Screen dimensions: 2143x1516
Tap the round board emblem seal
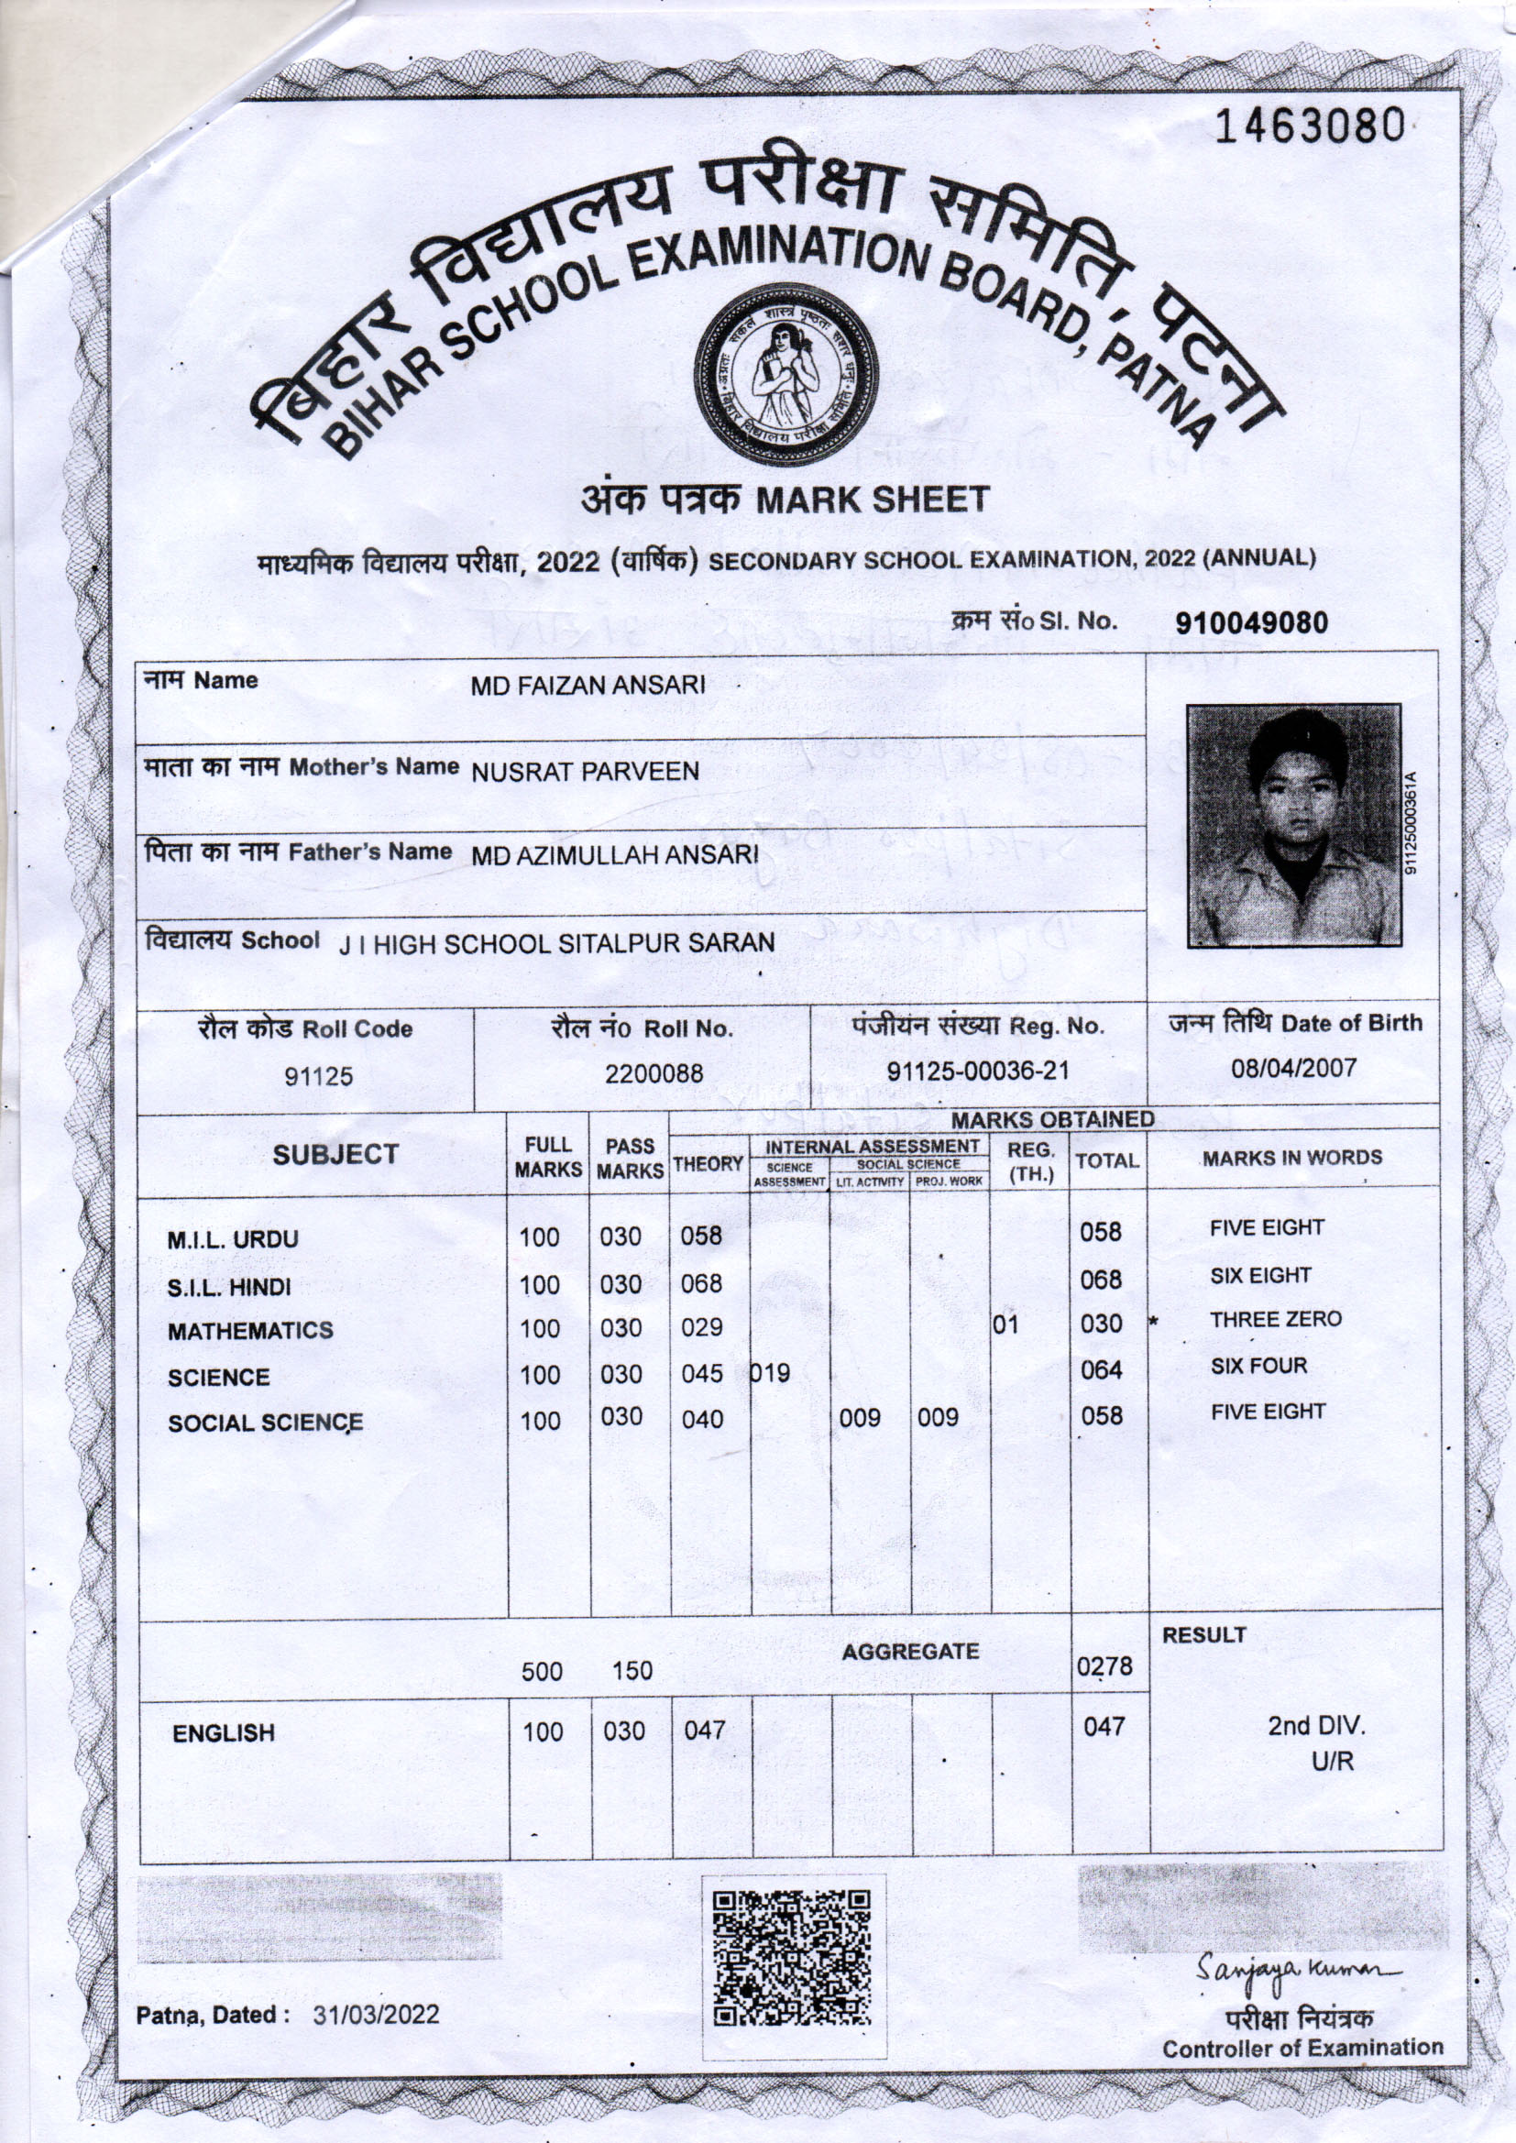(x=786, y=374)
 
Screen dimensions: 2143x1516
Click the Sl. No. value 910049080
(x=1251, y=623)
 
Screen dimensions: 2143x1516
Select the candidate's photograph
(x=1293, y=825)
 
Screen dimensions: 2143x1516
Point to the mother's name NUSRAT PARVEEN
(x=586, y=772)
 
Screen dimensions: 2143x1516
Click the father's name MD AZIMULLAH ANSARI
(x=614, y=856)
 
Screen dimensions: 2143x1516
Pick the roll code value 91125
(x=319, y=1076)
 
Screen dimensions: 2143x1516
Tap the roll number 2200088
(x=654, y=1073)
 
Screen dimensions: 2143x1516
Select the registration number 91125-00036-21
(x=977, y=1071)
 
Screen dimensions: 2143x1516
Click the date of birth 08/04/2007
(x=1293, y=1068)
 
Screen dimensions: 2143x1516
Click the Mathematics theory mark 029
(x=701, y=1327)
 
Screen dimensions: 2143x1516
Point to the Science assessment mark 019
(x=770, y=1373)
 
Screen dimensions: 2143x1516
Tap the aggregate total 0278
(x=1104, y=1666)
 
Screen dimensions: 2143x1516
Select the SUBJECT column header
(x=335, y=1155)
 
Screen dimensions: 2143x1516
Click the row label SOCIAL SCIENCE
(x=265, y=1423)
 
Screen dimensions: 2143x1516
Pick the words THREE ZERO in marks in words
(x=1275, y=1320)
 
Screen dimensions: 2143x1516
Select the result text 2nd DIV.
(x=1315, y=1726)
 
